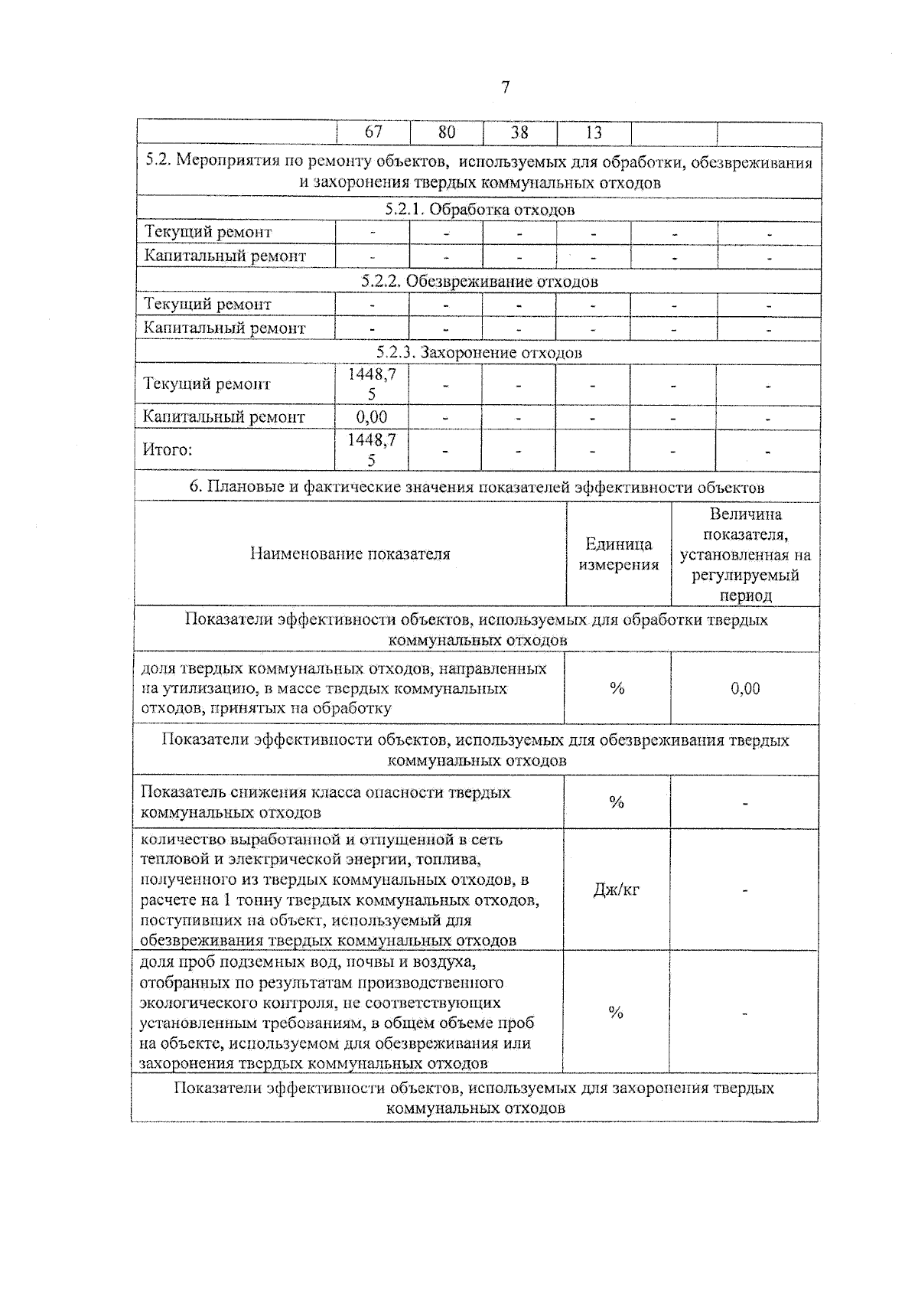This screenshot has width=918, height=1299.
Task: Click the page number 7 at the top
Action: (505, 88)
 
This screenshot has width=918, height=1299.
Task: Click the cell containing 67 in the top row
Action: (373, 132)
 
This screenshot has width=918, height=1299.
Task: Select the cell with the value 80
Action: (447, 132)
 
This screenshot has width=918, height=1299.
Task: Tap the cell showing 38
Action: (519, 132)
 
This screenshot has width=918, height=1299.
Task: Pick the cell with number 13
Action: (594, 132)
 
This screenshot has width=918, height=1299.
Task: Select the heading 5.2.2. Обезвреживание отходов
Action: (480, 281)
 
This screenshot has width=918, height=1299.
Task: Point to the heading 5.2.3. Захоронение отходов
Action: (480, 352)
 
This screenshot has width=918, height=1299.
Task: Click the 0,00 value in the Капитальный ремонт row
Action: (372, 417)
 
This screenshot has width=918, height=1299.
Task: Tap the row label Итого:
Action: (168, 450)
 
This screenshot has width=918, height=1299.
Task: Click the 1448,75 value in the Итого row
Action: (372, 450)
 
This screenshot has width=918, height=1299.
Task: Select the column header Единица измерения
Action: (618, 554)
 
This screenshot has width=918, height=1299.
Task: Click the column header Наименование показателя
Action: (350, 554)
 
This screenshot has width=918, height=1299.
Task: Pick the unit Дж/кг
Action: (617, 889)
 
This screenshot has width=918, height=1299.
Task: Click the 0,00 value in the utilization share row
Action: (745, 688)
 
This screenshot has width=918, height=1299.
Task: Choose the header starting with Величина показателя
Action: (745, 554)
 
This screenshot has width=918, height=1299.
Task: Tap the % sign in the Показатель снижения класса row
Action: (617, 802)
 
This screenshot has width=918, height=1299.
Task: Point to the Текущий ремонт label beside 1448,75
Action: (207, 384)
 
